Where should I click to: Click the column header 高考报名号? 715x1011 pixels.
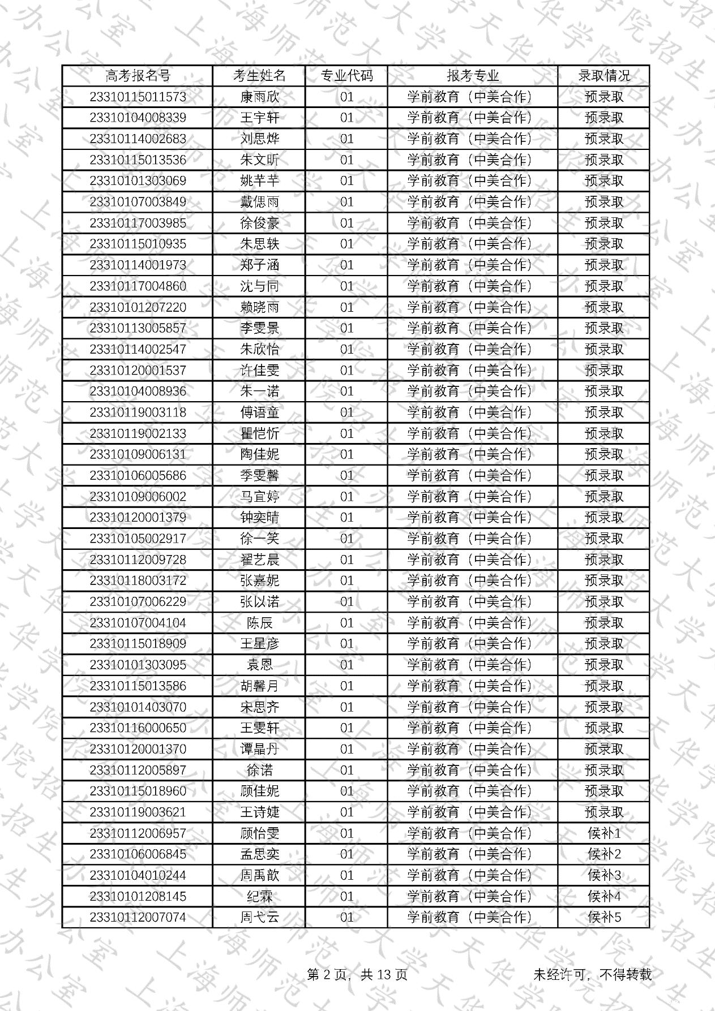tap(138, 76)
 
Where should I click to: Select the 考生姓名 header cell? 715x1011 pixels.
tap(259, 76)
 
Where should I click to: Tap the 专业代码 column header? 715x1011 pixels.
tap(346, 76)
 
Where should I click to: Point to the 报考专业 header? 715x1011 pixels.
tap(473, 76)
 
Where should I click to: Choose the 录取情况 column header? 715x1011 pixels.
tap(603, 76)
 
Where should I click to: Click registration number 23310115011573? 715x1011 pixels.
tap(138, 97)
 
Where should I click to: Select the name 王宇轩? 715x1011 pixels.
tap(259, 118)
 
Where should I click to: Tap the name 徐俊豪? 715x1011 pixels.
tap(259, 223)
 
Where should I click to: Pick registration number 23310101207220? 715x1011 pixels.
tap(138, 307)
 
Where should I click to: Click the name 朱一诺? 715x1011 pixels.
tap(259, 391)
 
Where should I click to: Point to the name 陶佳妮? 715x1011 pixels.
tap(259, 454)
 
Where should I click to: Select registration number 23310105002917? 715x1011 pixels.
tap(138, 539)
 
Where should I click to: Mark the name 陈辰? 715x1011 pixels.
tap(259, 623)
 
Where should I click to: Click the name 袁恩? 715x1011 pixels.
tap(259, 665)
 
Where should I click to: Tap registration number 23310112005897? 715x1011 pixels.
tap(138, 770)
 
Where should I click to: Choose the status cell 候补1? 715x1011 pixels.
tap(603, 833)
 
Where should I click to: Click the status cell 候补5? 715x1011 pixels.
tap(603, 917)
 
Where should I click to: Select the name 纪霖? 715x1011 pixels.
tap(259, 896)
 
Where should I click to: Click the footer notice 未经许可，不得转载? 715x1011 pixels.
tap(592, 974)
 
